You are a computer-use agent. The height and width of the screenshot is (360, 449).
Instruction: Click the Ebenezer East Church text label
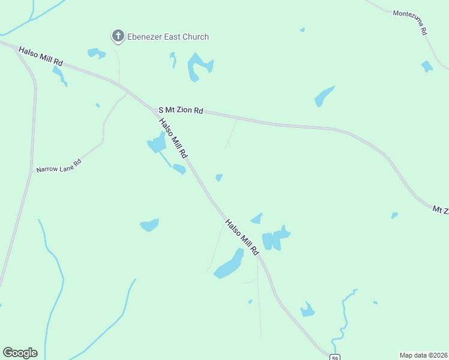click(168, 37)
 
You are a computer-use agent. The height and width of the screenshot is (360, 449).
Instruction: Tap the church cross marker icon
click(118, 37)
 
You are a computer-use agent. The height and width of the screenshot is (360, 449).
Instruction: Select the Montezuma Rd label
click(410, 21)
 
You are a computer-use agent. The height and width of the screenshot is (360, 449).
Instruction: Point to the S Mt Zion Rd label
click(180, 110)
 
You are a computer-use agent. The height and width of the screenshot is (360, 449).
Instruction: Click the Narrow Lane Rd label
click(58, 166)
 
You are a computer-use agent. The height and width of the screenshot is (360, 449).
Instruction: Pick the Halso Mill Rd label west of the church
click(41, 56)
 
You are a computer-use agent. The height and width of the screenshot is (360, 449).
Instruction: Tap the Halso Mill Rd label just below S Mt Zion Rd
click(173, 139)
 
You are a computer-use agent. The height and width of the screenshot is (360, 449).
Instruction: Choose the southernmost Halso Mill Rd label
click(242, 235)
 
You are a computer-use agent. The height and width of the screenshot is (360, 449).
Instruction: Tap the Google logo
click(20, 353)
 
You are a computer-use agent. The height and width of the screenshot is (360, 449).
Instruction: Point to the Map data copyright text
click(424, 355)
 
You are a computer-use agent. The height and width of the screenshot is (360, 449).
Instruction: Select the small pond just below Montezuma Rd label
click(427, 66)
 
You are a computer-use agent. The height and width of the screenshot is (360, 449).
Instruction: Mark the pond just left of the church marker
click(96, 53)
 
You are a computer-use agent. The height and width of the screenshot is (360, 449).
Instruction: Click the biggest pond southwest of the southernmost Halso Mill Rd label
click(229, 266)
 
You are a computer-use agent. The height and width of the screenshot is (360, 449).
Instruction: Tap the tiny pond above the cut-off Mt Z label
click(394, 215)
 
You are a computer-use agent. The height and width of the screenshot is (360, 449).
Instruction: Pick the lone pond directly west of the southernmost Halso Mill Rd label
click(149, 225)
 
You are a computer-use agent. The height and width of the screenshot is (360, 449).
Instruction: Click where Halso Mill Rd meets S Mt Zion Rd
click(152, 109)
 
